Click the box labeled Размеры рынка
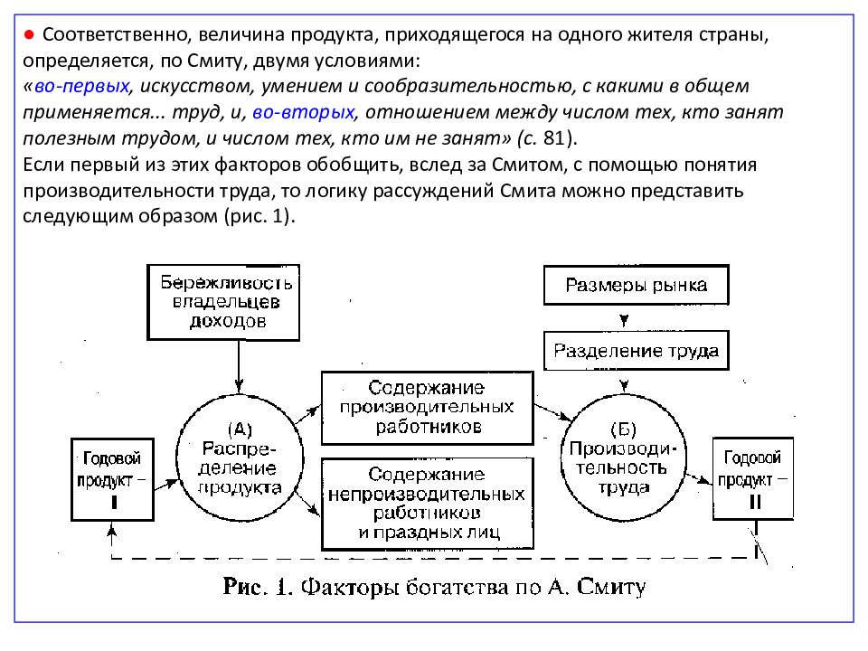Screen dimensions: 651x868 [x=636, y=286]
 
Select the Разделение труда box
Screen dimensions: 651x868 [x=636, y=349]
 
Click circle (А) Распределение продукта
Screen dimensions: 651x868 [x=239, y=457]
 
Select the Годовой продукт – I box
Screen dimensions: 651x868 [x=112, y=478]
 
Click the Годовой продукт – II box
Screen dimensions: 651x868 [x=753, y=478]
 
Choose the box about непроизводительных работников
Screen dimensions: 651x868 [x=427, y=503]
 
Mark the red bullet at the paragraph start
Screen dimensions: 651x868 [x=29, y=33]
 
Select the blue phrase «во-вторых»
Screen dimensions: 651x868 [x=305, y=114]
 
